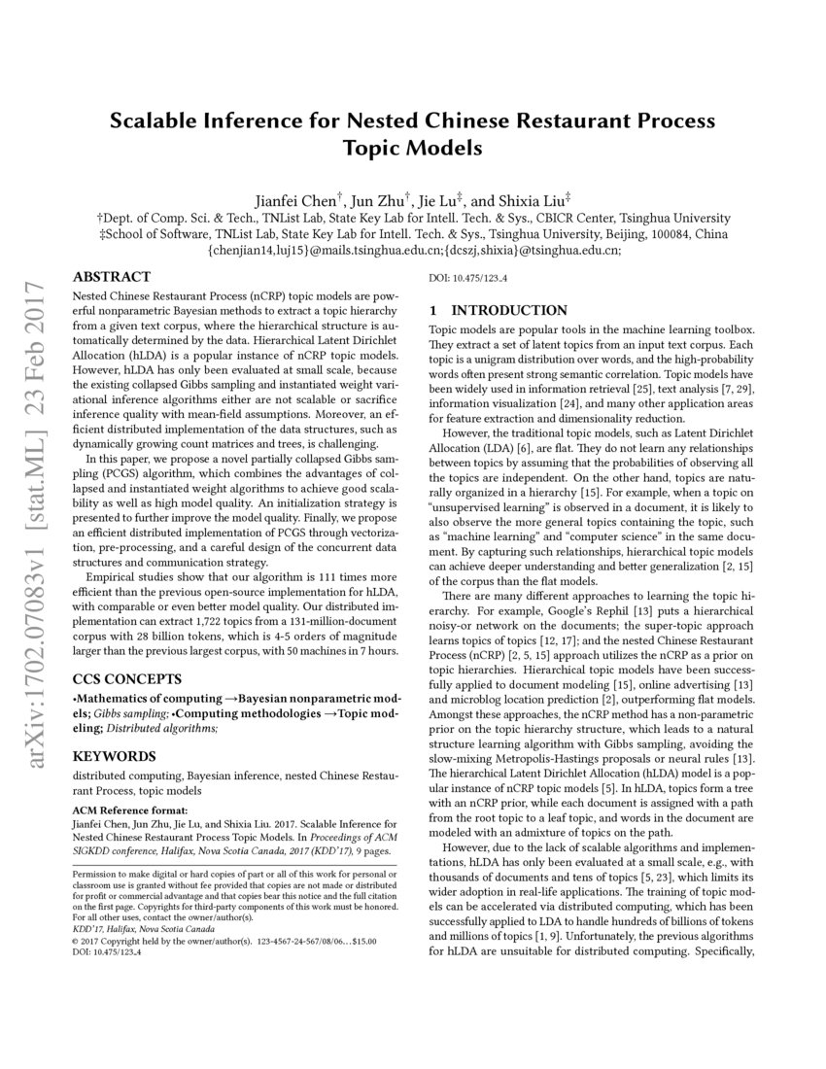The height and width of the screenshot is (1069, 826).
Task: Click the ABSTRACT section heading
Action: [x=112, y=277]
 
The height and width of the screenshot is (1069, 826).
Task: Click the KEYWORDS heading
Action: [x=115, y=755]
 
